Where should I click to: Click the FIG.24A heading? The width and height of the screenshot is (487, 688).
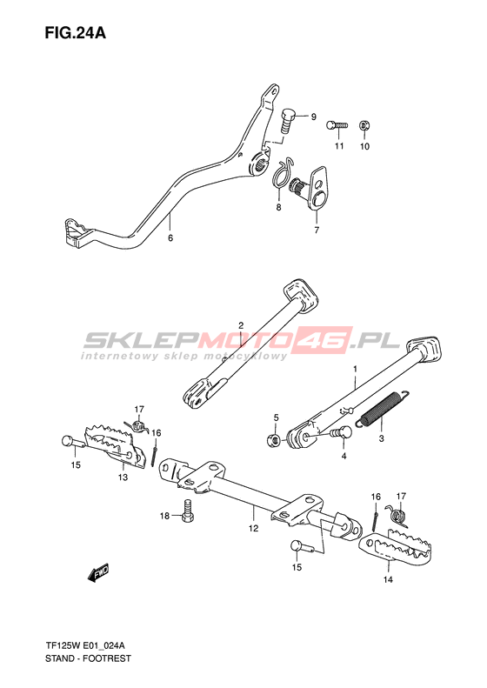(x=76, y=33)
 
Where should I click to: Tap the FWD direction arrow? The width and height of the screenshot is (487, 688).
(x=98, y=572)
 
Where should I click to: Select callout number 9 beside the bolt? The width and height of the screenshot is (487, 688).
(x=313, y=117)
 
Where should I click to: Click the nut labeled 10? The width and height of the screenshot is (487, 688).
(x=364, y=125)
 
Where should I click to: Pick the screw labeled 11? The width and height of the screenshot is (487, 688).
(x=337, y=125)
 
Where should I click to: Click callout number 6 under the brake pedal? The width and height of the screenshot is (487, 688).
(x=170, y=237)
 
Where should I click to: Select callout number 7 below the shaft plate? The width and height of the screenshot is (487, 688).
(x=317, y=230)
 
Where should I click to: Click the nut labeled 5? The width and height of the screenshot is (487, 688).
(x=273, y=439)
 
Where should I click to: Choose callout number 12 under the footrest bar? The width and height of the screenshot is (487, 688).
(x=254, y=528)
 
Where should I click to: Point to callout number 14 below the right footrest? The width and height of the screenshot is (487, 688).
(x=388, y=579)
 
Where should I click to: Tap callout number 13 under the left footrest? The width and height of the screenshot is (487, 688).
(x=123, y=477)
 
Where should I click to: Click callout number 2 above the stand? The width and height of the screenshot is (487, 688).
(x=241, y=325)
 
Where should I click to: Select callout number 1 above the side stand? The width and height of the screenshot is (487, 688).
(x=356, y=370)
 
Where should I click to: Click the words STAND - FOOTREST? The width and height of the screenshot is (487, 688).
(x=88, y=658)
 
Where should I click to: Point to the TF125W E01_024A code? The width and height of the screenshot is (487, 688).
(x=84, y=646)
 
